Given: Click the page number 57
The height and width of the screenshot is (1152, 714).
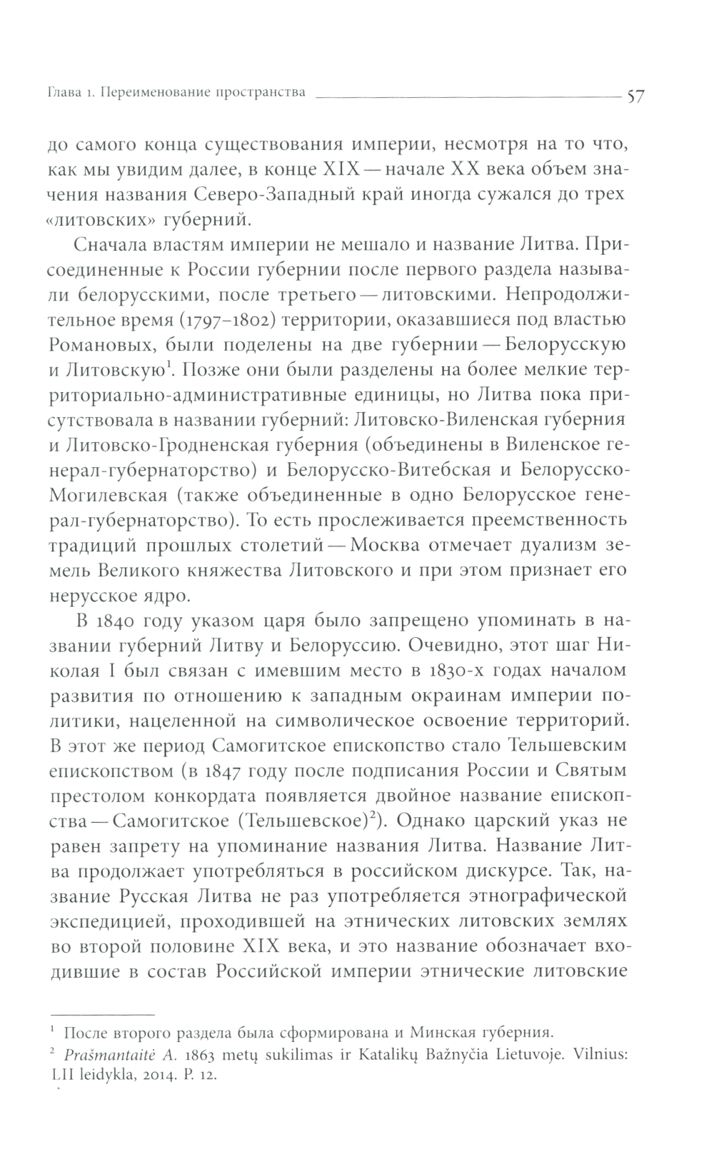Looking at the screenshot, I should tap(635, 94).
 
